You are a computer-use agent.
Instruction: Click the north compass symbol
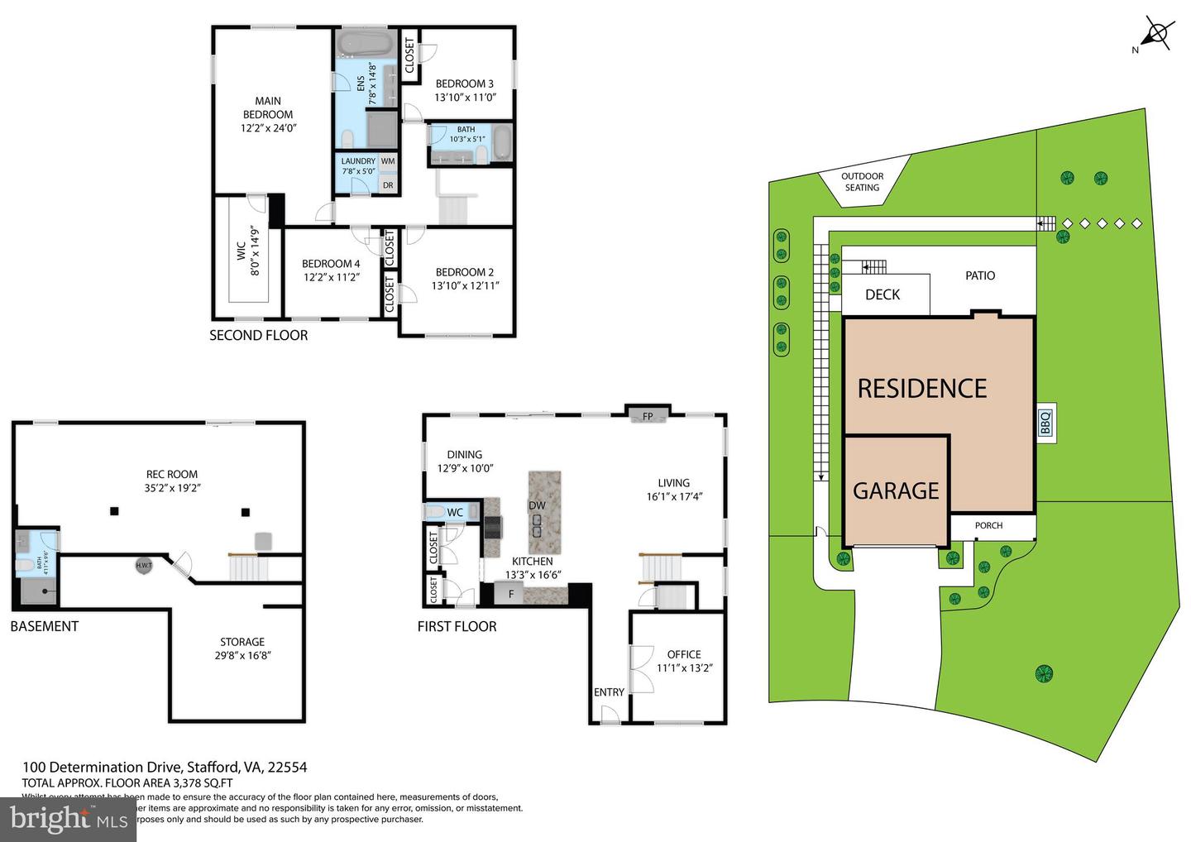1156,35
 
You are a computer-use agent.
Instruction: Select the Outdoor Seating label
862,182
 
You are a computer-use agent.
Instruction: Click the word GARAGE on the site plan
896,491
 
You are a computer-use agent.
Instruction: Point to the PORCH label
988,526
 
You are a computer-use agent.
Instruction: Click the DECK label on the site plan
882,295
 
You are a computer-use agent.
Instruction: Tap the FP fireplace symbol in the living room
648,416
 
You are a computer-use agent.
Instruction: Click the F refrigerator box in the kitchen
511,593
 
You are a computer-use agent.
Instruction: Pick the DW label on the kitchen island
537,505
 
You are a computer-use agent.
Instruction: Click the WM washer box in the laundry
387,161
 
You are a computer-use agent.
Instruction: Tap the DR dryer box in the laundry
387,185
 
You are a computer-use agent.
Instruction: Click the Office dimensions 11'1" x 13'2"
684,667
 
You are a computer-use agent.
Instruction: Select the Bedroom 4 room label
331,264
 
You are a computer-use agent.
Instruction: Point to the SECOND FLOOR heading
258,335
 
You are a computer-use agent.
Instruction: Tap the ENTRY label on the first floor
609,692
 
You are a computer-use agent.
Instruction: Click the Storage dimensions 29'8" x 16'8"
242,655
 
